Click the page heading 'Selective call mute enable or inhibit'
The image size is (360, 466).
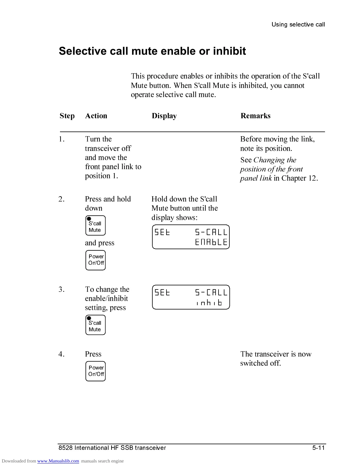(152, 51)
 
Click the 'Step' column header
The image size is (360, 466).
(67, 116)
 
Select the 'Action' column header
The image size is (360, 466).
(96, 116)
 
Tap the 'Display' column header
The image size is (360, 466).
(164, 116)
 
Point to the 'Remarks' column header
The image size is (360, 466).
(255, 116)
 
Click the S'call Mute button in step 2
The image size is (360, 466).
(95, 226)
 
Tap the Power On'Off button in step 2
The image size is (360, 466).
(95, 260)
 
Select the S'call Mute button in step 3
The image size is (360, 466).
(95, 325)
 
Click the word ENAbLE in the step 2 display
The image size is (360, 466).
(211, 242)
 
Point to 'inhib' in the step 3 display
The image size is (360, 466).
(209, 302)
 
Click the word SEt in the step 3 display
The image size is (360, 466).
(162, 292)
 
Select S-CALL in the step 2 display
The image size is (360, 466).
(211, 232)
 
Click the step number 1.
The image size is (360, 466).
(61, 139)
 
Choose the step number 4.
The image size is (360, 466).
(61, 354)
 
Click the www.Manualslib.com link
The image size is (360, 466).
(58, 461)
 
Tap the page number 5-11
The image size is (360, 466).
(318, 448)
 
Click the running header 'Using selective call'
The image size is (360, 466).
(298, 24)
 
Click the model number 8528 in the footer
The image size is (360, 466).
(65, 448)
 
